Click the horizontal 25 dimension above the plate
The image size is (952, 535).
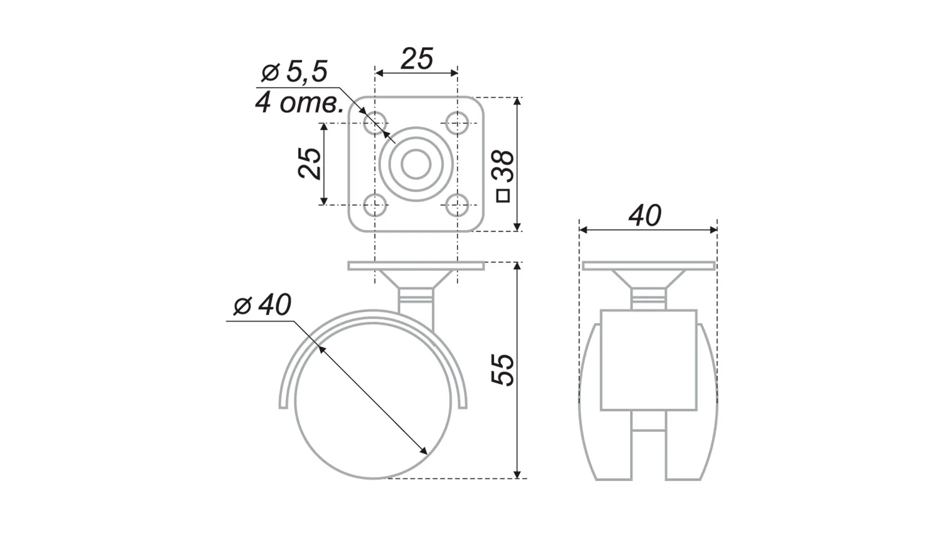(416, 59)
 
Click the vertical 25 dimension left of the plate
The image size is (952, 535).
(310, 163)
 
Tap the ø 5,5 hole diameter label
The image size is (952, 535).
(295, 73)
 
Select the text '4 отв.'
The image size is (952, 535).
(299, 104)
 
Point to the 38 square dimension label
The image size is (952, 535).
(505, 166)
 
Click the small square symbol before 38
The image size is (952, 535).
(503, 196)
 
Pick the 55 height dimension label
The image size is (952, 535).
(503, 370)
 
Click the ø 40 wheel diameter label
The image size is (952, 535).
(262, 305)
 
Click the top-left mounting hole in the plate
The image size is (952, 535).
(375, 122)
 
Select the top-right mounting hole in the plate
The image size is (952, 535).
(457, 122)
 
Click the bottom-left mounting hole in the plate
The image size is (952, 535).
(375, 204)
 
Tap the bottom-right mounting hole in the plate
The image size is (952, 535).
(457, 204)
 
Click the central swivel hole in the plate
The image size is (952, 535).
(416, 164)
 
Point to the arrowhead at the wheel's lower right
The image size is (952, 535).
(423, 450)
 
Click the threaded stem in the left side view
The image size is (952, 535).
(416, 299)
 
